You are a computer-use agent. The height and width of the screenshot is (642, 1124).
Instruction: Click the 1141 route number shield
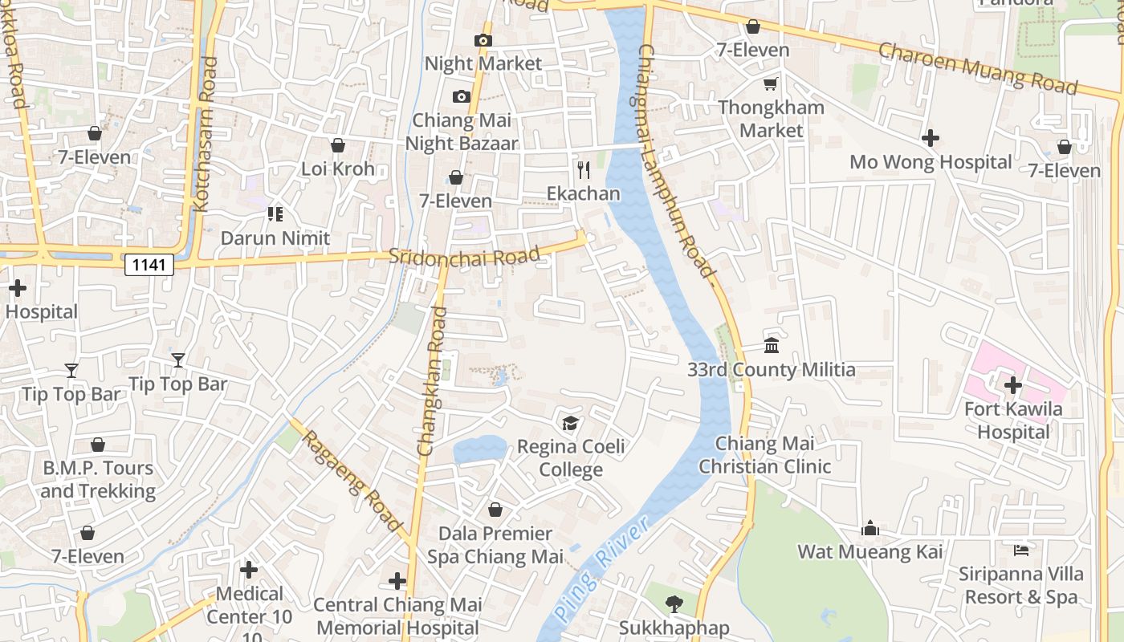(149, 264)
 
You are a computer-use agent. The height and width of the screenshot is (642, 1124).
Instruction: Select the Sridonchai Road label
(464, 256)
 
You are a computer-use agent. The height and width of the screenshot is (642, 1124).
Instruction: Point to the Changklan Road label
(431, 380)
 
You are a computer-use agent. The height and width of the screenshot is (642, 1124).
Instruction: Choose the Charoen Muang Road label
(977, 68)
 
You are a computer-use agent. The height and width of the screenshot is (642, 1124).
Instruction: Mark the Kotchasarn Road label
(205, 134)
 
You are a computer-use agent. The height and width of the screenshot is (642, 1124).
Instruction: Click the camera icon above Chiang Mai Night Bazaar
(461, 97)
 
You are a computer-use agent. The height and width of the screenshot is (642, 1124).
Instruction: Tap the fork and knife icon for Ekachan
(584, 170)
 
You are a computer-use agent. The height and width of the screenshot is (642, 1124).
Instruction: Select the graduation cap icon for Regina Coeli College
(570, 423)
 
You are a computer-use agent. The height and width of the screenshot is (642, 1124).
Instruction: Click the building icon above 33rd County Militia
(772, 346)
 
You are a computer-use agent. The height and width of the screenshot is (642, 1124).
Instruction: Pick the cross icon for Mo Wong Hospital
(931, 138)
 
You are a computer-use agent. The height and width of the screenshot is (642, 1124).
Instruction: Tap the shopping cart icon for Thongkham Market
(771, 83)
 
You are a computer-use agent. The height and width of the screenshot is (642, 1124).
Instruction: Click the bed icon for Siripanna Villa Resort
(1021, 551)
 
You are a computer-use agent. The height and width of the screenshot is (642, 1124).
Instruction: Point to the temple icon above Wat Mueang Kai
(870, 528)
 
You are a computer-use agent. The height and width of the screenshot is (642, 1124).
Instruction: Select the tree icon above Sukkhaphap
(674, 604)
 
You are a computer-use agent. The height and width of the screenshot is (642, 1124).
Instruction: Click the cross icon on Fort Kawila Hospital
(1013, 385)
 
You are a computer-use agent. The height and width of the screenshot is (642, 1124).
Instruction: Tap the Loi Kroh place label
(338, 169)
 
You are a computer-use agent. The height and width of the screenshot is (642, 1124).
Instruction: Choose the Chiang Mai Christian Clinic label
(765, 455)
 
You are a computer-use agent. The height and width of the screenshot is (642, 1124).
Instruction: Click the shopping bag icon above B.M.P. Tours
(98, 445)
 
